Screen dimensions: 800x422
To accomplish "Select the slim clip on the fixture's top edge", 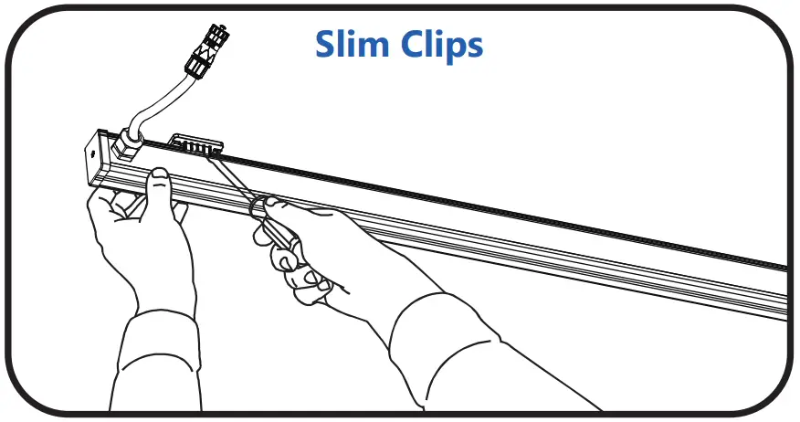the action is coord(196,145).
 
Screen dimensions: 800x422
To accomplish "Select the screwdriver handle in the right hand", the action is coord(274,228).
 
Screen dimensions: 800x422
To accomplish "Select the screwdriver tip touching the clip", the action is coord(207,154).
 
